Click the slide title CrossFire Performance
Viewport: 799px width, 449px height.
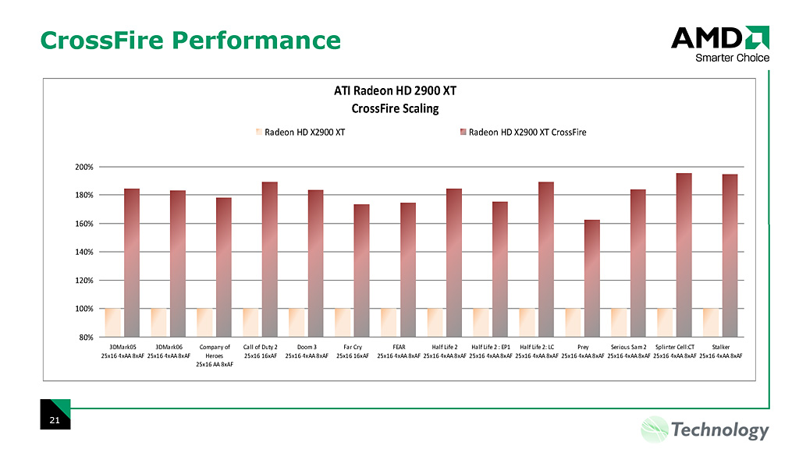pyautogui.click(x=190, y=40)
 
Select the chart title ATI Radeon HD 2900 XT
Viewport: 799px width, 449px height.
pyautogui.click(x=394, y=90)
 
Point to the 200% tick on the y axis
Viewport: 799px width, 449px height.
pyautogui.click(x=83, y=167)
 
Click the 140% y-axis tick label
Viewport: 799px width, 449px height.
pyautogui.click(x=83, y=252)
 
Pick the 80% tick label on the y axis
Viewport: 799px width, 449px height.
pyautogui.click(x=86, y=337)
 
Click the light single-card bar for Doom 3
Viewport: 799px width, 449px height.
pyautogui.click(x=297, y=322)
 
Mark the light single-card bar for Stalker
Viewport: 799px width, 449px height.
pyautogui.click(x=711, y=322)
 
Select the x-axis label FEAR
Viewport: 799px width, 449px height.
pyautogui.click(x=399, y=346)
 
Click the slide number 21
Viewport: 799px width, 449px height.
pyautogui.click(x=55, y=421)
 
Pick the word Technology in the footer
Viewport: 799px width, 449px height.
pyautogui.click(x=719, y=430)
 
